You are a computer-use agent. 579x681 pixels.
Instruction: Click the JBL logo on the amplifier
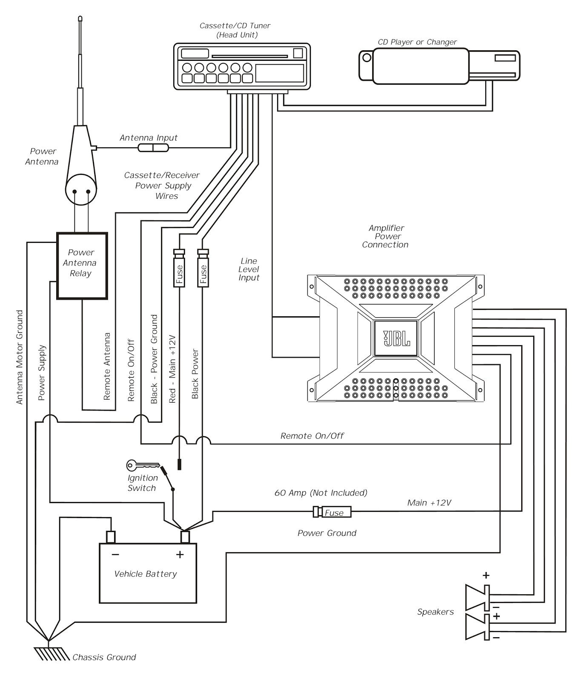396,338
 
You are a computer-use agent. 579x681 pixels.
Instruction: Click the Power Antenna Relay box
82,265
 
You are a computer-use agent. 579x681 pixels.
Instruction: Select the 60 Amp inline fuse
332,512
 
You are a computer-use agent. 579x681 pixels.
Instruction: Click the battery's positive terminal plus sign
180,555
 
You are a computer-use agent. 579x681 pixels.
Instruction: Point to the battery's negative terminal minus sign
115,555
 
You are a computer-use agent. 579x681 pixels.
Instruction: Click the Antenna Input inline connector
153,148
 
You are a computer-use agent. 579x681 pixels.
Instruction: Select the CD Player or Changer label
417,42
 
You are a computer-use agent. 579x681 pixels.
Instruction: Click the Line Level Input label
249,269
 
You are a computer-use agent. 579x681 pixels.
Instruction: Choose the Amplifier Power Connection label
385,236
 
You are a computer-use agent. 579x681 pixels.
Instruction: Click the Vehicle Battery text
146,574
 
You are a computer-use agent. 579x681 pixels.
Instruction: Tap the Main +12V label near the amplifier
429,503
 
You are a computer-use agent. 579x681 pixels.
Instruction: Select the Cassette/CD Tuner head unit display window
279,73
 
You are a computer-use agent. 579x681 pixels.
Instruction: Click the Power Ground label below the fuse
327,533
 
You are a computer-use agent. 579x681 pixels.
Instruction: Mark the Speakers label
435,612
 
